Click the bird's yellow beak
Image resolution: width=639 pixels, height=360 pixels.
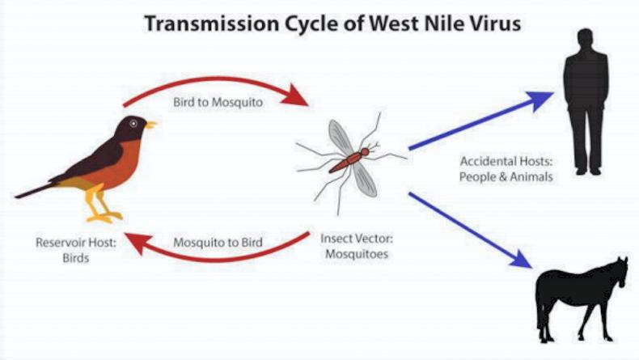pos(150,125)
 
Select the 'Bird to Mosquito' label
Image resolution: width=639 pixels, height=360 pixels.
pos(218,104)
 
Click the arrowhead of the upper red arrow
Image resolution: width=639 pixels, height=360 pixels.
pos(300,98)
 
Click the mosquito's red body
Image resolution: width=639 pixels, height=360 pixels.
pos(348,159)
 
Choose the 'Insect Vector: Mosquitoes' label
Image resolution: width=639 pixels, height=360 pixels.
pos(353,246)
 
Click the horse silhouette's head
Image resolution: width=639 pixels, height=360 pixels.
pos(620,272)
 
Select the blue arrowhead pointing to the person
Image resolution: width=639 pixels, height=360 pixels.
pos(540,100)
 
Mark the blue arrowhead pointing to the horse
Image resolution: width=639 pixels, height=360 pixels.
pos(521,259)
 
